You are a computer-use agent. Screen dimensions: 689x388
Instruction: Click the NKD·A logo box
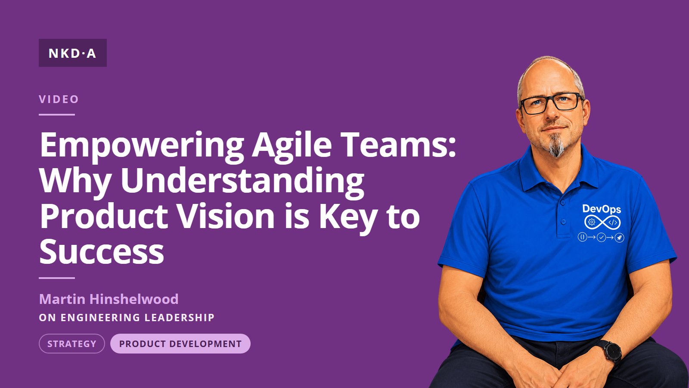pos(73,53)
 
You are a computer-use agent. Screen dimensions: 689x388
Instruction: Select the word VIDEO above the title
pos(59,99)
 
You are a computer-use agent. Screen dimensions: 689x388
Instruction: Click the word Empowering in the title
pos(142,146)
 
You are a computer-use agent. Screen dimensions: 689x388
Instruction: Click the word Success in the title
pos(102,251)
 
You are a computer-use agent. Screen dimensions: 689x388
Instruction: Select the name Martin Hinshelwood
pos(109,299)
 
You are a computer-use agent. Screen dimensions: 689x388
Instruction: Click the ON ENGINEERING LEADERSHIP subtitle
pos(127,317)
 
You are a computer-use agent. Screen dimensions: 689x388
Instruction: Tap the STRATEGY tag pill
pos(71,344)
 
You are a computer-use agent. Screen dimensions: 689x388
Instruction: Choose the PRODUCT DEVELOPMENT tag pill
pos(180,344)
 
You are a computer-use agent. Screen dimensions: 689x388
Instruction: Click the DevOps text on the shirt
pos(601,209)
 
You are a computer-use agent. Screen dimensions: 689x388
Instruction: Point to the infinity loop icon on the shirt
pos(602,222)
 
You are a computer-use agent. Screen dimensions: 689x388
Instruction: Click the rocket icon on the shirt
pos(619,238)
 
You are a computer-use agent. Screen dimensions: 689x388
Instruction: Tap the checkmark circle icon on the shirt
pos(601,238)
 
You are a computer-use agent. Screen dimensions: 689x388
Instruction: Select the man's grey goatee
pos(557,146)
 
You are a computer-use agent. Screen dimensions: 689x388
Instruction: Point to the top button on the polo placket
pos(562,203)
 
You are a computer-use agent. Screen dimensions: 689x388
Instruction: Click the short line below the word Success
pos(57,278)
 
